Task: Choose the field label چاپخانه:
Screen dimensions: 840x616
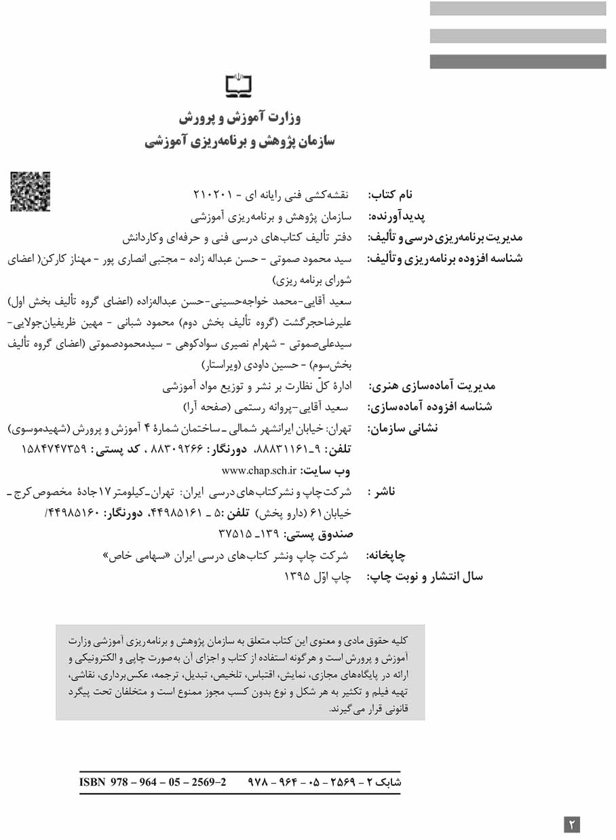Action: click(386, 556)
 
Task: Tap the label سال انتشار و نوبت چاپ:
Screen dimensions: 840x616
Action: click(425, 577)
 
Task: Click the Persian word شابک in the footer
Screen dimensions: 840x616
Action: click(388, 781)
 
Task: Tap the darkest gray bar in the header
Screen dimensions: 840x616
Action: click(518, 62)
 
